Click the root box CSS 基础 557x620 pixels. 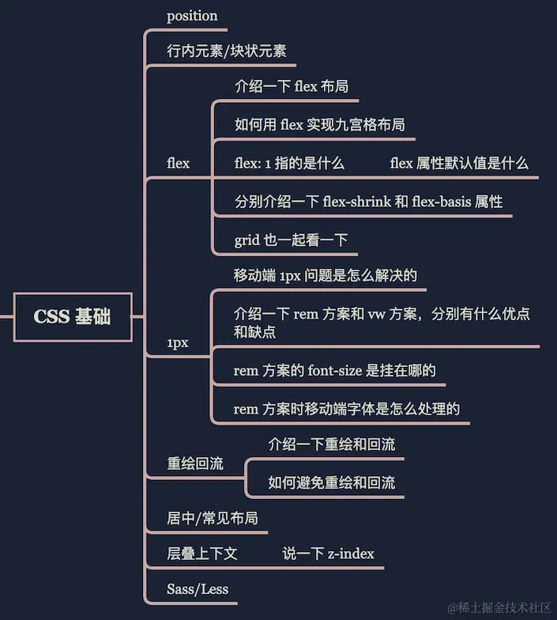(72, 317)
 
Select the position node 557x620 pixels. (192, 16)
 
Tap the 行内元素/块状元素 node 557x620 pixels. (226, 51)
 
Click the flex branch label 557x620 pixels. (179, 164)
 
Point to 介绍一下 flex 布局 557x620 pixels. (292, 87)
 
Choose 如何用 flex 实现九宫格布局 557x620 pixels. (319, 124)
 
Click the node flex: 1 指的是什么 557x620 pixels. (289, 164)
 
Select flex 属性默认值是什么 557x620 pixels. (459, 164)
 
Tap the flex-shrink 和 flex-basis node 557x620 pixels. (368, 202)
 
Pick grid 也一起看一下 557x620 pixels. (291, 240)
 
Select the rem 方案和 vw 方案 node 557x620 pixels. (382, 323)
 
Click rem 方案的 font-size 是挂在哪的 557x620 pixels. (335, 370)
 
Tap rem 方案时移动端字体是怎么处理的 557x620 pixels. (347, 409)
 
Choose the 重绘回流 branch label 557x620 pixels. (195, 463)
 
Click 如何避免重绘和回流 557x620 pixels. (331, 482)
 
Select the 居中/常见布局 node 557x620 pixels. (212, 519)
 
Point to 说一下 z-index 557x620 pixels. (328, 554)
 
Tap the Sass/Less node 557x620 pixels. (198, 589)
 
